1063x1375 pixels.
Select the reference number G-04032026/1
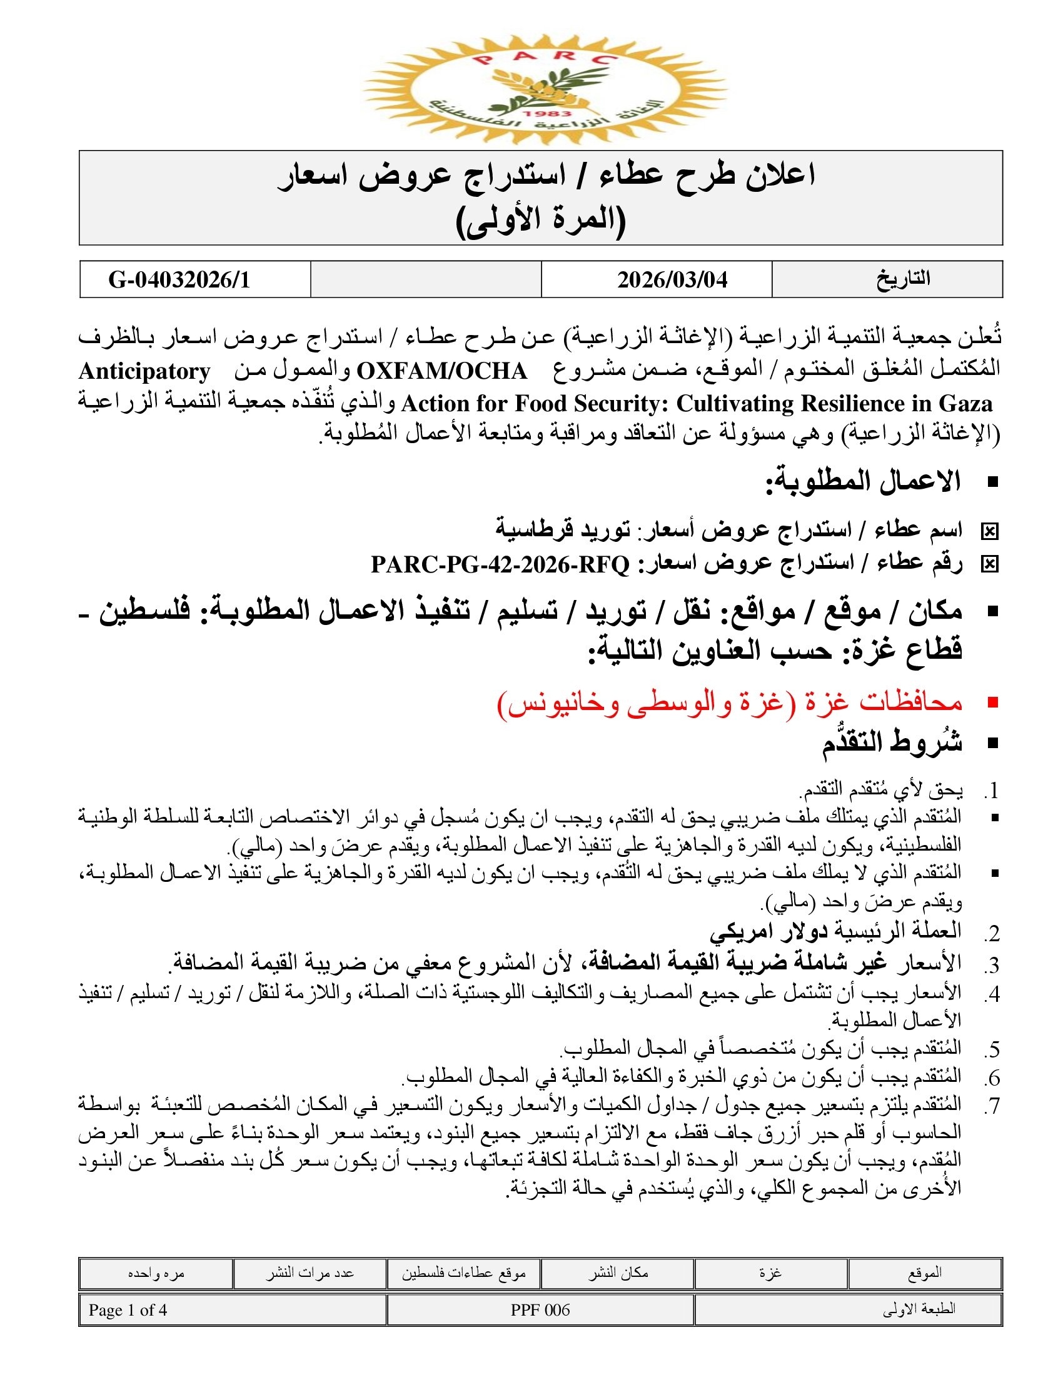(x=179, y=279)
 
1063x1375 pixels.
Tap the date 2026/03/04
(x=672, y=279)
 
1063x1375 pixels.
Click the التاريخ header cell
(x=903, y=279)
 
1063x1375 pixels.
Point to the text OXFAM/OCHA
(x=441, y=371)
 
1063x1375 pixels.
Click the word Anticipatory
(x=144, y=371)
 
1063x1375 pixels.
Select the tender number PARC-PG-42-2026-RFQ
(x=500, y=564)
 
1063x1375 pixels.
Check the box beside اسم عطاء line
(x=989, y=532)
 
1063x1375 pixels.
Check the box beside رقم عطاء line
(x=989, y=565)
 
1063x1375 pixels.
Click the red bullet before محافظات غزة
(x=993, y=703)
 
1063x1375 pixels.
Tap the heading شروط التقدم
(x=892, y=743)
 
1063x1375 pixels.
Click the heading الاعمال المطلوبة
(x=863, y=482)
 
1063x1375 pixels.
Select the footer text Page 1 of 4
(x=128, y=1310)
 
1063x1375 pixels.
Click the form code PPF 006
(x=540, y=1310)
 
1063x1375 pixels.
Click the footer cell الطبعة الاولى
(x=919, y=1310)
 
